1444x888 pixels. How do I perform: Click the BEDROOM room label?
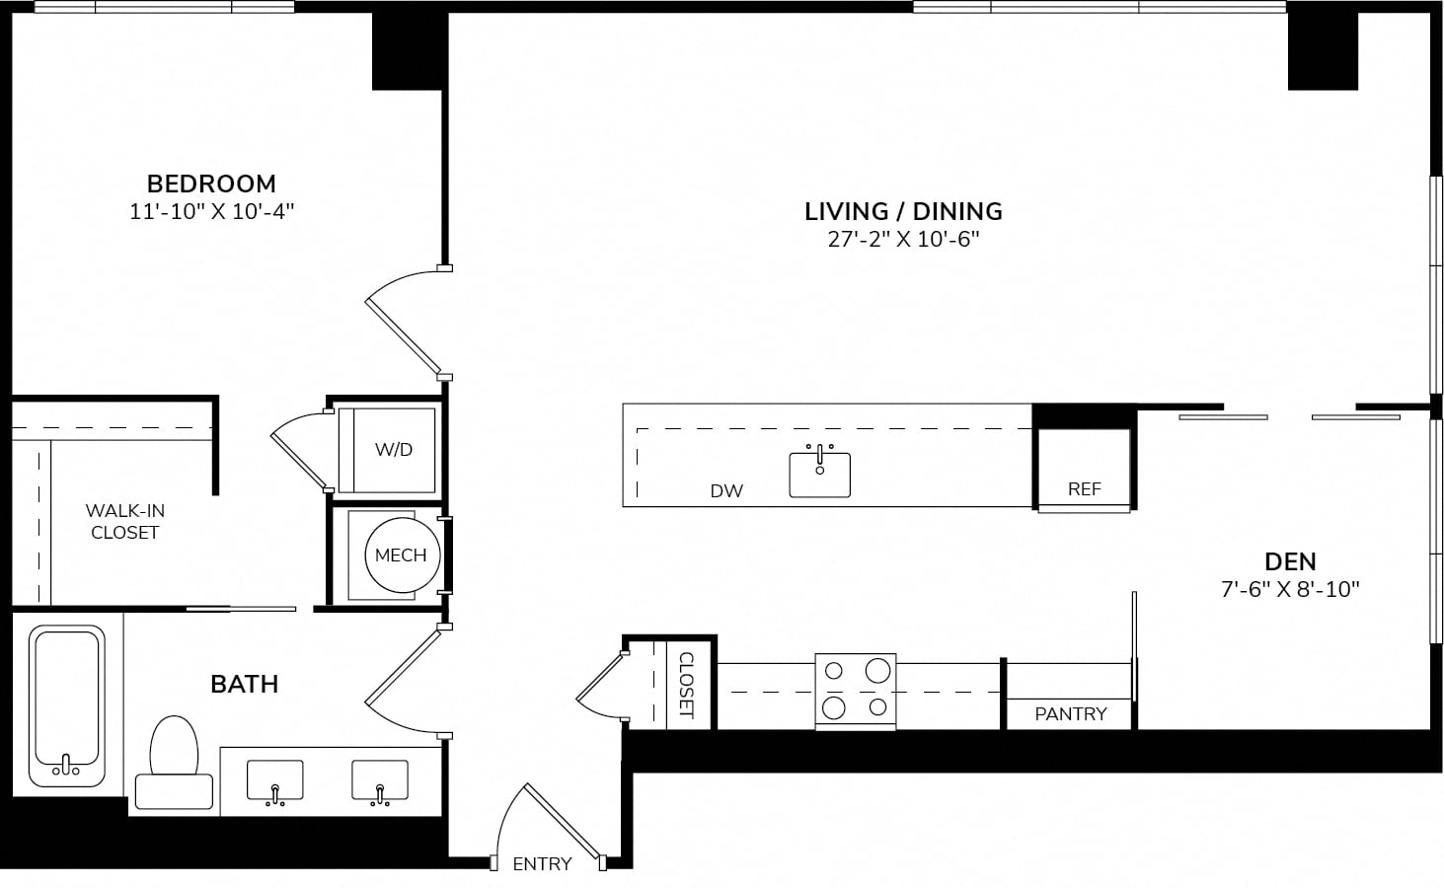(211, 185)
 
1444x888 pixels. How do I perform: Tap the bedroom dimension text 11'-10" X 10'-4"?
(211, 211)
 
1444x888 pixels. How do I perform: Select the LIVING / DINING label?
(903, 212)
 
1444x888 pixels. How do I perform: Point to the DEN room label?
(1290, 562)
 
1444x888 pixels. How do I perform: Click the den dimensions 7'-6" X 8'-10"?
(1290, 589)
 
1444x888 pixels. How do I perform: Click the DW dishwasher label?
(726, 491)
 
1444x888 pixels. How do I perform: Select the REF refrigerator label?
(1085, 489)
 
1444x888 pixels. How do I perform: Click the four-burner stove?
(856, 691)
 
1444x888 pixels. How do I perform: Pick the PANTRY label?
(1071, 714)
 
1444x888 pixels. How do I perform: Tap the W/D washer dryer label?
(393, 449)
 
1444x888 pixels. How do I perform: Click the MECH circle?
(402, 555)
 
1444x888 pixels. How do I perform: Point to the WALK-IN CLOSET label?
(125, 521)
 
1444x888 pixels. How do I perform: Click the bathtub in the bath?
(66, 705)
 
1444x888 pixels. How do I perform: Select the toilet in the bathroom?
(174, 763)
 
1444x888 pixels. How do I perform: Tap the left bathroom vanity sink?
(274, 781)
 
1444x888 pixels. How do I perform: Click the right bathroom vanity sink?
(380, 781)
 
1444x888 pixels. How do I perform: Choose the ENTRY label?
(542, 864)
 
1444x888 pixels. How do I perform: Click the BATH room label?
(245, 685)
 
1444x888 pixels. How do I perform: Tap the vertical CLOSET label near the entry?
(687, 685)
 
